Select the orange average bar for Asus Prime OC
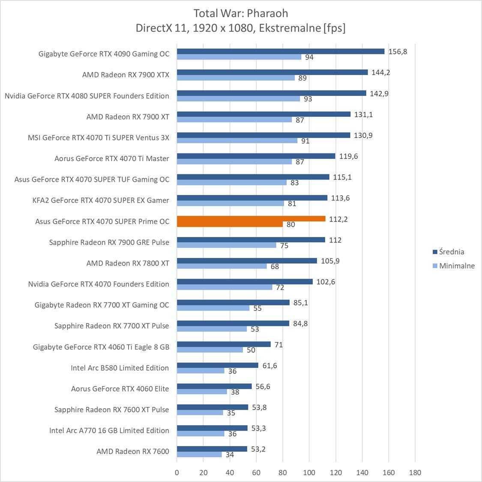[251, 219]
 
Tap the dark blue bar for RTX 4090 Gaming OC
[281, 51]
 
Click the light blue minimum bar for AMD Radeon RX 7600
[199, 455]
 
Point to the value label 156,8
[398, 51]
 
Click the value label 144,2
[380, 72]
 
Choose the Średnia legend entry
[451, 252]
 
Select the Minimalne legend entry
[457, 266]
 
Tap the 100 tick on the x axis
[309, 473]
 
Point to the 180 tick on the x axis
[415, 473]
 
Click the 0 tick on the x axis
[177, 473]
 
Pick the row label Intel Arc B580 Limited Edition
[120, 368]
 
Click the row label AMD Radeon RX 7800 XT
[128, 263]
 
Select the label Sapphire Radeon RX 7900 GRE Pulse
[109, 242]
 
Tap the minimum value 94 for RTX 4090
[309, 57]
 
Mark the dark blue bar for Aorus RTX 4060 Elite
[214, 386]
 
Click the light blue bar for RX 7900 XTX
[236, 78]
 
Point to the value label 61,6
[269, 365]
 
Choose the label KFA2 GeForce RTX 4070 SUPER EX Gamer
[101, 200]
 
